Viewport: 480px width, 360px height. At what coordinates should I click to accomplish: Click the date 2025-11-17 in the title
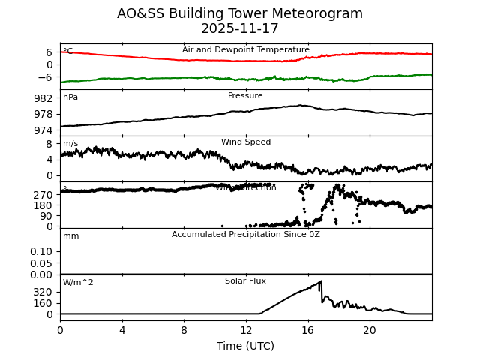(x=240, y=29)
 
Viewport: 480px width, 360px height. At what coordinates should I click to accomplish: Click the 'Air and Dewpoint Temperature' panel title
(x=246, y=50)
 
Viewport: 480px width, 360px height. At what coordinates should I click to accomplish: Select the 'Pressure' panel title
(x=245, y=96)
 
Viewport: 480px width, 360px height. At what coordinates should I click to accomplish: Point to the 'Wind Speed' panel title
(x=246, y=142)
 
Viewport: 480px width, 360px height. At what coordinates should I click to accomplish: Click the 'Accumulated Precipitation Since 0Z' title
(x=246, y=235)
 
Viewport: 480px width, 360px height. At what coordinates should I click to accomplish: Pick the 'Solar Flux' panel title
(x=246, y=281)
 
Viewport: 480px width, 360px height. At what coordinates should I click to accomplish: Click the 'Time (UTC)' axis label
(x=246, y=346)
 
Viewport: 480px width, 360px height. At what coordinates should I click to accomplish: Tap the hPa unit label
(x=70, y=97)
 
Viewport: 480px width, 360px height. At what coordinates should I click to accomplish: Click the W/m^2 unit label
(x=78, y=283)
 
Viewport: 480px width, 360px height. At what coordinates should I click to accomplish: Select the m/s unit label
(x=70, y=144)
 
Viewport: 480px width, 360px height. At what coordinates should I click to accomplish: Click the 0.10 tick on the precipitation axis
(x=41, y=251)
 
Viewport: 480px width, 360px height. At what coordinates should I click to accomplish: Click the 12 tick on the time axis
(x=246, y=330)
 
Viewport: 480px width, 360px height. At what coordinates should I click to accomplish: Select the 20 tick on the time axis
(x=370, y=330)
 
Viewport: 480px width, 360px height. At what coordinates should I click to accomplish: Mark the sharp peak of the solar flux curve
(x=322, y=281)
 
